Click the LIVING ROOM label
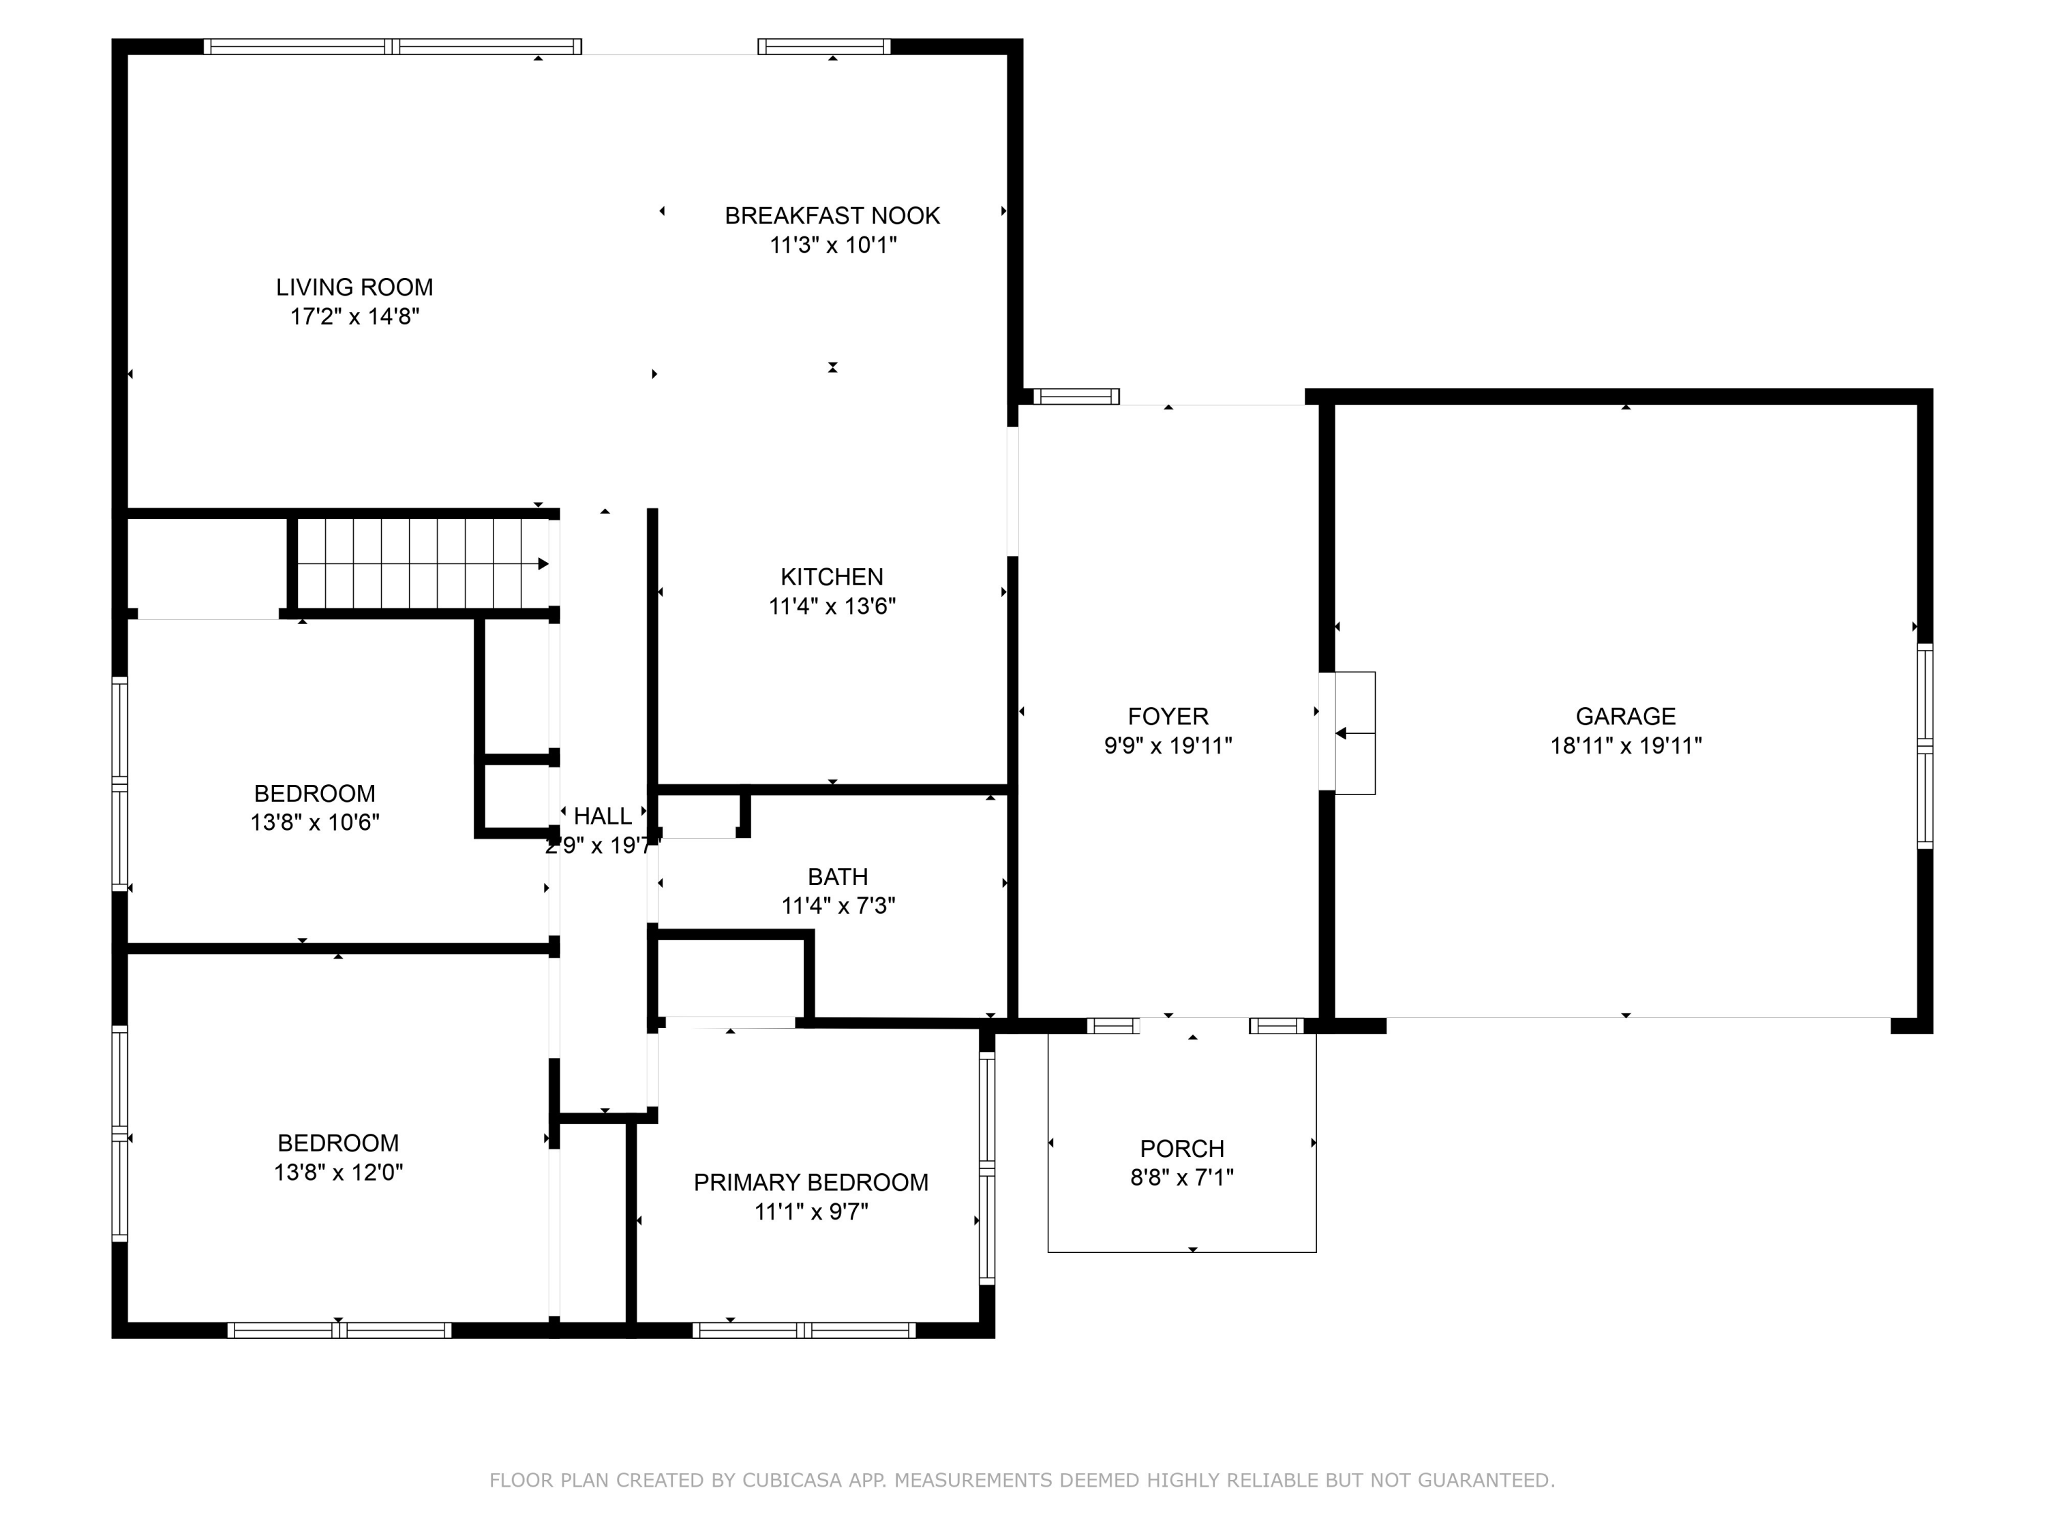pos(354,288)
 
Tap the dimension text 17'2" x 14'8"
pos(354,317)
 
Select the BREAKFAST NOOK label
pos(832,215)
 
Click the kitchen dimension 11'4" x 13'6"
pos(832,606)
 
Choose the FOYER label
pos(1168,716)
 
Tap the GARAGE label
pos(1625,716)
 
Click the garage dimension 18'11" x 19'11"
pos(1625,745)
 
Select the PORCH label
pos(1181,1149)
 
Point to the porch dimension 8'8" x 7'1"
pos(1181,1178)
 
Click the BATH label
pos(838,876)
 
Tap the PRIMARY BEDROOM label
pos(811,1183)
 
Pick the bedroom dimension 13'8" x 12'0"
pos(338,1173)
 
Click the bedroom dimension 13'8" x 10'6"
pos(314,822)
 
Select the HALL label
pos(603,816)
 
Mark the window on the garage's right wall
pos(1925,745)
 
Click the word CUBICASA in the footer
pos(791,1481)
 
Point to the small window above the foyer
pos(1076,397)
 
